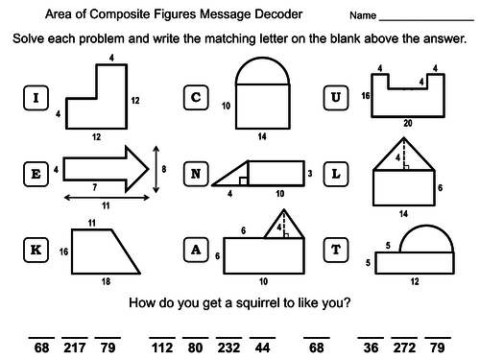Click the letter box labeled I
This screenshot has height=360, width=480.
36,98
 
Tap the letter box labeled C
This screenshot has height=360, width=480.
196,98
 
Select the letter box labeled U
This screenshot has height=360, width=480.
336,98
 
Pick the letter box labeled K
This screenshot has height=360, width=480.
36,250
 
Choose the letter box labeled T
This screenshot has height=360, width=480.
336,250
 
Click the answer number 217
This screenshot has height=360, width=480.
75,348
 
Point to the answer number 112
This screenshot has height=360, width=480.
162,348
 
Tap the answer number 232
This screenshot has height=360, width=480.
228,348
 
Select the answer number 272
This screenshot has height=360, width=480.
404,348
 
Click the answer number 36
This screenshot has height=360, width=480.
371,348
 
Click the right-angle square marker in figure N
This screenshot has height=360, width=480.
243,181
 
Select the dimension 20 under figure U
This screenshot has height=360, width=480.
408,123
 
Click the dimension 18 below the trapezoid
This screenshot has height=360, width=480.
106,281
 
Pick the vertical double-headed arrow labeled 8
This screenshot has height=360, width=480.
156,169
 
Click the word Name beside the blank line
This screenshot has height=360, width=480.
363,15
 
